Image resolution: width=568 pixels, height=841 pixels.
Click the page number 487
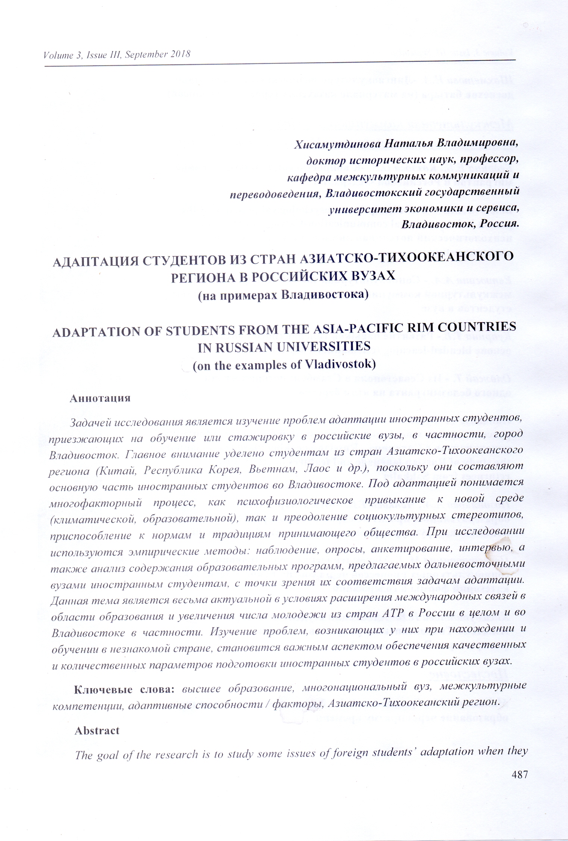(x=519, y=775)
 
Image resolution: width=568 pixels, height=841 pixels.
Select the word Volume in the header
(x=58, y=56)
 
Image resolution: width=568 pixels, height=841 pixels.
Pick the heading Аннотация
(x=100, y=398)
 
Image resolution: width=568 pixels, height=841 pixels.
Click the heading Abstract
(x=97, y=730)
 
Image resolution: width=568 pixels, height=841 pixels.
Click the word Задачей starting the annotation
(x=90, y=423)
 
